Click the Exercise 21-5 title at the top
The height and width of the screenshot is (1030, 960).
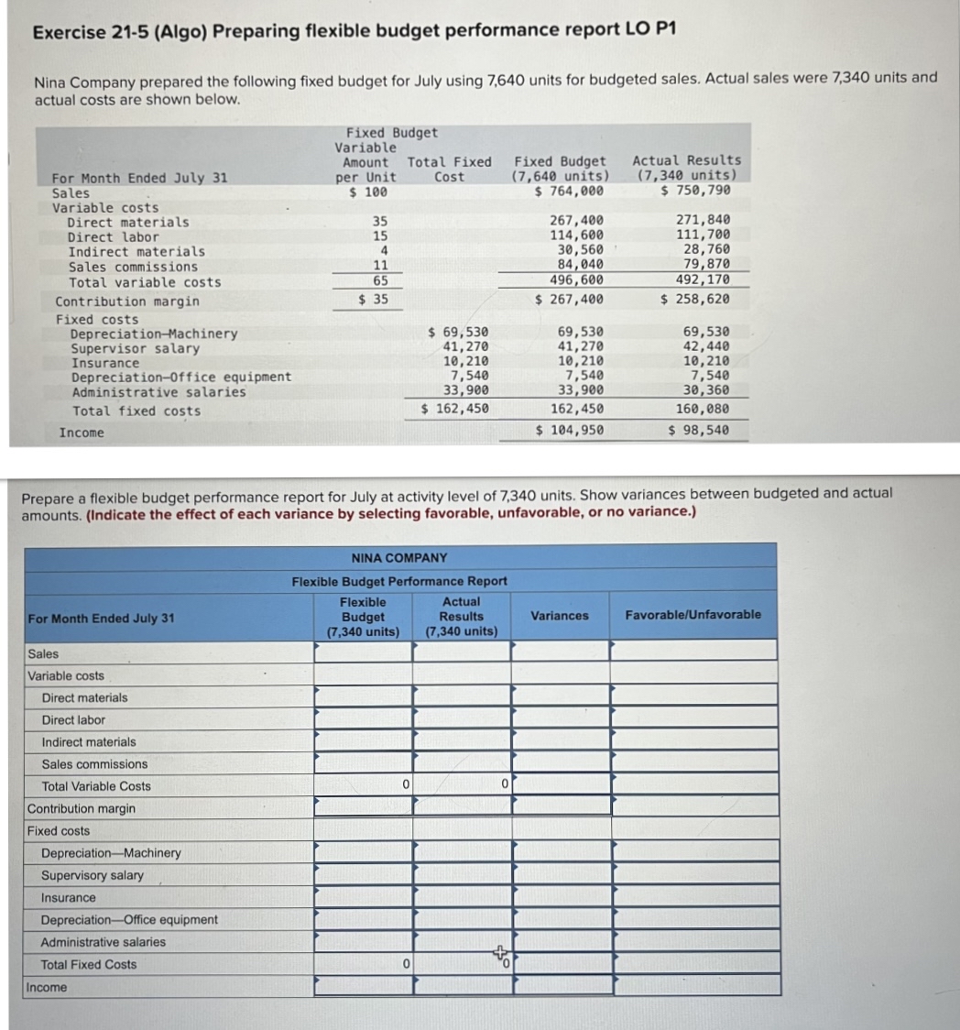pyautogui.click(x=354, y=30)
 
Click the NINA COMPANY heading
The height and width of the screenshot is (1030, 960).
pyautogui.click(x=399, y=557)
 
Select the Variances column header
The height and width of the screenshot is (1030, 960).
pyautogui.click(x=560, y=616)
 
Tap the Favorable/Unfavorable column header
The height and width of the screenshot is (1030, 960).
pyautogui.click(x=693, y=615)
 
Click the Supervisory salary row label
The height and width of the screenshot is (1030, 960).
pyautogui.click(x=93, y=875)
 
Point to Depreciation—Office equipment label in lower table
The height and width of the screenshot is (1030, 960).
pyautogui.click(x=129, y=919)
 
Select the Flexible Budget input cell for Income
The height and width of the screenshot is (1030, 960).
pyautogui.click(x=363, y=986)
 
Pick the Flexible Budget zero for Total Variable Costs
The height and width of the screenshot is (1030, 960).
pyautogui.click(x=363, y=785)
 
